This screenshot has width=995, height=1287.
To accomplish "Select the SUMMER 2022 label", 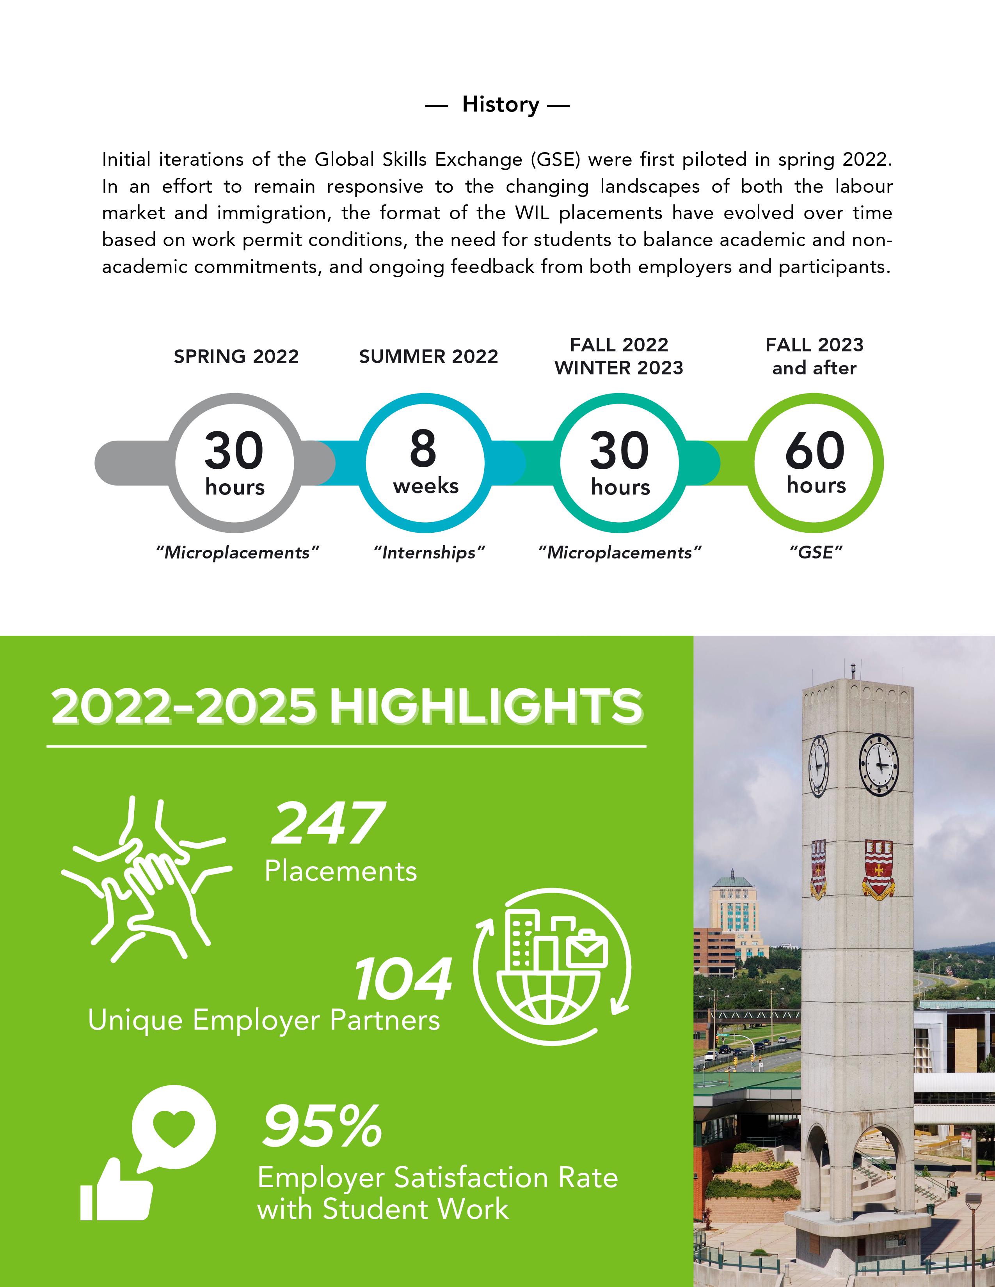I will click(428, 356).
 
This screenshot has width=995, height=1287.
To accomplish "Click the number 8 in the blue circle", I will click(423, 448).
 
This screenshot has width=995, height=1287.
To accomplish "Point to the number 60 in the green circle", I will click(815, 450).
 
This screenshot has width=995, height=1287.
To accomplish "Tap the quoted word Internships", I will click(428, 553).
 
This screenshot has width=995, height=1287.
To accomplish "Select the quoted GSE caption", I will click(815, 553).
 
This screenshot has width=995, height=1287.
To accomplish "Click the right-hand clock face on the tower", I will click(878, 764).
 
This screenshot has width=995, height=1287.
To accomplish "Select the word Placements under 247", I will click(341, 871).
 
